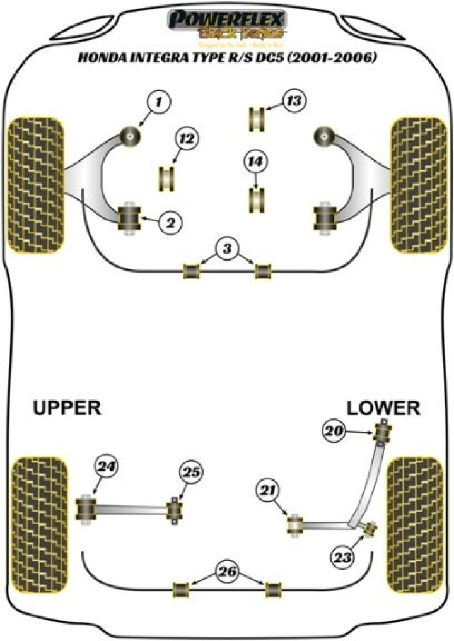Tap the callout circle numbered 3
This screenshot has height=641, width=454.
(227, 249)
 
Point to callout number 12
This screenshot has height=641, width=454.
(186, 139)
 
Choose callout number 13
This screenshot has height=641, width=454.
(293, 101)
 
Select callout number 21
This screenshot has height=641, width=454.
(267, 491)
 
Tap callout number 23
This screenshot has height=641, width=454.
(346, 557)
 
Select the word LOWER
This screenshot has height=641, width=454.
(383, 408)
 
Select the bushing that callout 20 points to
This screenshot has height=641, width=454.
(381, 432)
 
